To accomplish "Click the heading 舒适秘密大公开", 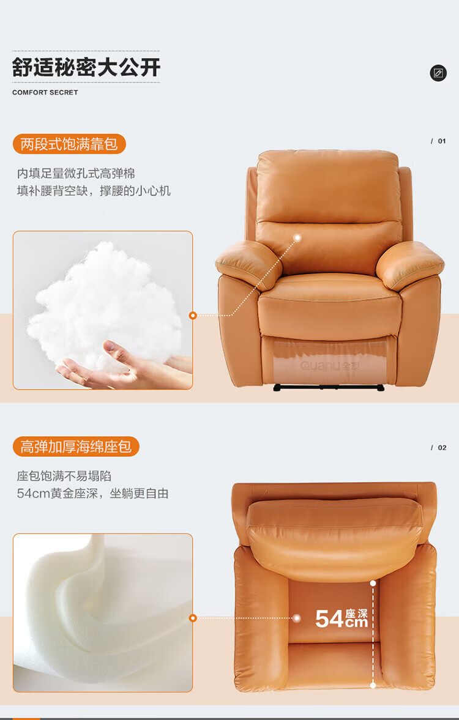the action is coord(86,67).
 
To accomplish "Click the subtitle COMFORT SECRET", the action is coord(45,92).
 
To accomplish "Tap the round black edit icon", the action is coord(438,73).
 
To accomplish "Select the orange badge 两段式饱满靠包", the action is coord(69,144).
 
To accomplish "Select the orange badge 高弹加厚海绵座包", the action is coord(76,447).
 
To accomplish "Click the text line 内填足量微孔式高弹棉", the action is coord(76,174).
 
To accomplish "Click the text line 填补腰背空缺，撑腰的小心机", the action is coord(94,191).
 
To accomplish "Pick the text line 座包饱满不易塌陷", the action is coord(64,476).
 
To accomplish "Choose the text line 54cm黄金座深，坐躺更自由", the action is coord(93,494).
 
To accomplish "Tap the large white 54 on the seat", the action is coord(329,619).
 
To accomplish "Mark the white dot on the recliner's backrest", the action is coord(297,238).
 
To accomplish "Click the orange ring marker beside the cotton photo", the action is coord(193,316).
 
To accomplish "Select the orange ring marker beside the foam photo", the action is coord(193,618).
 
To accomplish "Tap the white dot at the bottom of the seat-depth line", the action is coord(373,685).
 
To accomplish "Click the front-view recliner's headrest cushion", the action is coord(327,187).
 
